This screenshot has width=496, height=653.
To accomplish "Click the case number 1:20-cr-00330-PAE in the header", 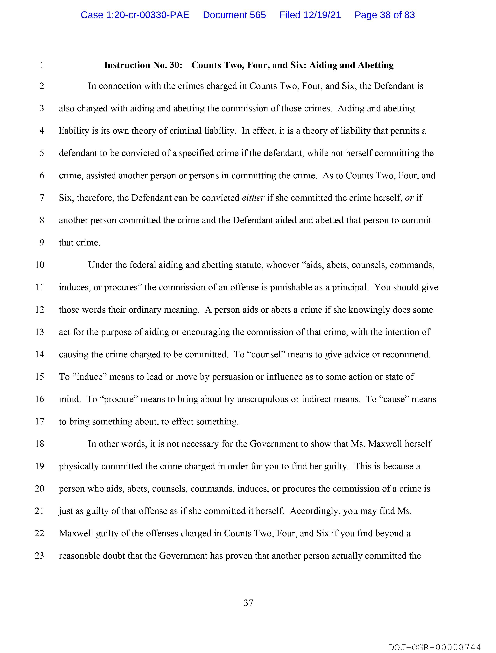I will point(135,15).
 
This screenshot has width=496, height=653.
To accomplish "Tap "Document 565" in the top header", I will point(234,15).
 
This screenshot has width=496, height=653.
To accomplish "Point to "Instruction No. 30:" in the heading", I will point(143,65).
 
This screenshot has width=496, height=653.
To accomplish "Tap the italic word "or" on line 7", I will point(409,198).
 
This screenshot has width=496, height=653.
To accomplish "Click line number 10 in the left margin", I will point(39,265).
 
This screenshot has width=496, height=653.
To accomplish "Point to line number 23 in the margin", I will point(39,556).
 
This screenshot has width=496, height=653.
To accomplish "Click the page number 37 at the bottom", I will point(248,603).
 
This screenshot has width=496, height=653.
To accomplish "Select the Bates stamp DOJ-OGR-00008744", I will point(435,647).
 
